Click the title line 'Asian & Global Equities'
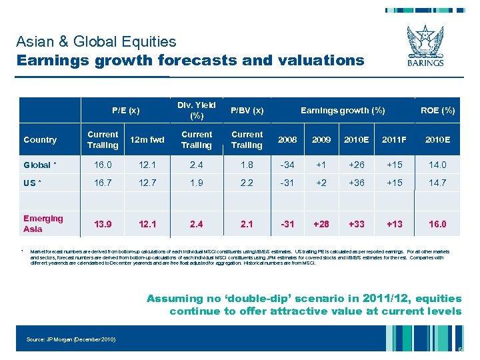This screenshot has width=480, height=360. pos(96,41)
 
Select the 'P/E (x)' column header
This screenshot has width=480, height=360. pos(126,110)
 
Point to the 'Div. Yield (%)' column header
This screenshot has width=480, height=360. pos(197,110)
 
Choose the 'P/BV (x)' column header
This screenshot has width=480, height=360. pos(247,110)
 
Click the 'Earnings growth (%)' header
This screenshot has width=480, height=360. pos(343,110)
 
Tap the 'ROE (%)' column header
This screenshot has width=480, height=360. pos(437,110)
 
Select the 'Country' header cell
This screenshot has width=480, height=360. pos(40,140)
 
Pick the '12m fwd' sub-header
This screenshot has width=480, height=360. pos(148,140)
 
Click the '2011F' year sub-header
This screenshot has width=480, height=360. pos(394,140)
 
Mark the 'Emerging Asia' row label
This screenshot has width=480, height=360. pos(43,223)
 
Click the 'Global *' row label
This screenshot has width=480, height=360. pos(39,165)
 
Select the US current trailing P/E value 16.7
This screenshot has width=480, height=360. pos(103,183)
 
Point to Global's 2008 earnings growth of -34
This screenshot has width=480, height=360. pos(287,165)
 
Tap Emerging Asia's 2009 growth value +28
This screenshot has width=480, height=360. pos(321,224)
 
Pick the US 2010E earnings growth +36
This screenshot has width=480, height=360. pos(357,183)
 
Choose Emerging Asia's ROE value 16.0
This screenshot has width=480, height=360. pos(437,224)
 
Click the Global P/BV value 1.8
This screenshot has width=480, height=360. pos(247,165)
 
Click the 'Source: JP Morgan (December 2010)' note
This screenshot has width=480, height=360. pos(71,340)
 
